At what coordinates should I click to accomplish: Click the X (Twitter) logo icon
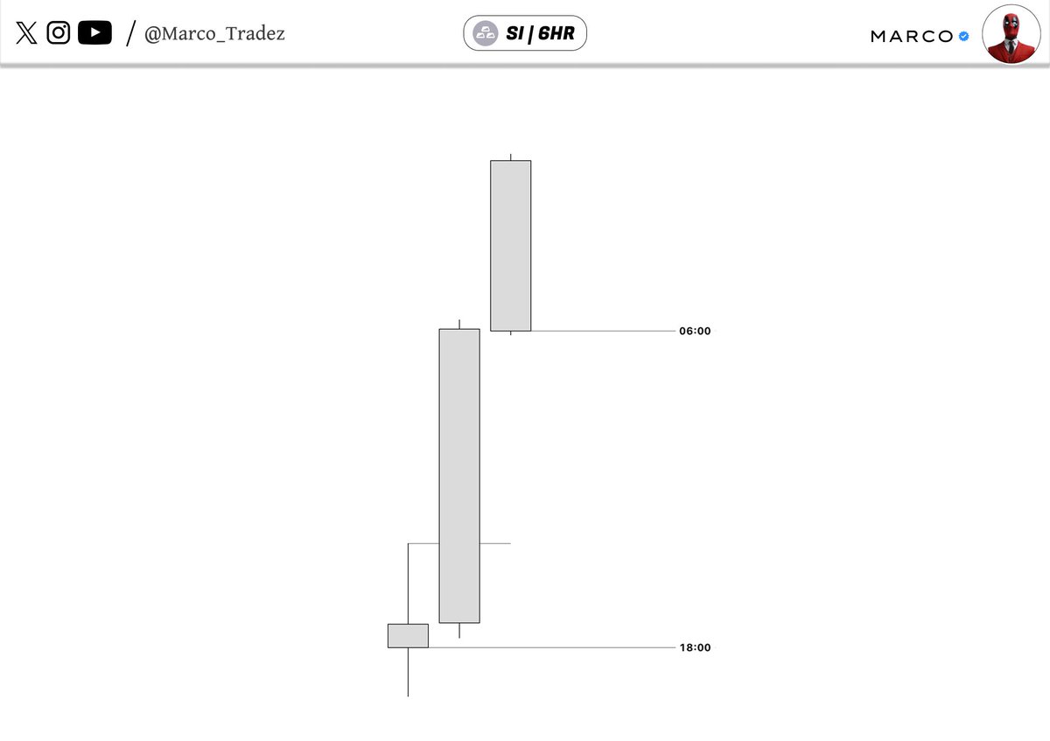tap(26, 33)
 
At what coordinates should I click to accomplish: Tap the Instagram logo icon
tap(58, 33)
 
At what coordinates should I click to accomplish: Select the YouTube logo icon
tap(94, 33)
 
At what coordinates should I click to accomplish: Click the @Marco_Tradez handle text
tap(214, 34)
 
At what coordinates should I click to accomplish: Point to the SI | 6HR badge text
tap(540, 33)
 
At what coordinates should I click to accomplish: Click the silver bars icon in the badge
tap(485, 33)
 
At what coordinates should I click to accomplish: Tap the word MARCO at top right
tap(912, 37)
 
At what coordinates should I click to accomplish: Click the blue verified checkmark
tap(963, 36)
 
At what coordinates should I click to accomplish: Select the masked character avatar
tap(1011, 34)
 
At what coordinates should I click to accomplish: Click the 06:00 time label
tap(695, 331)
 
